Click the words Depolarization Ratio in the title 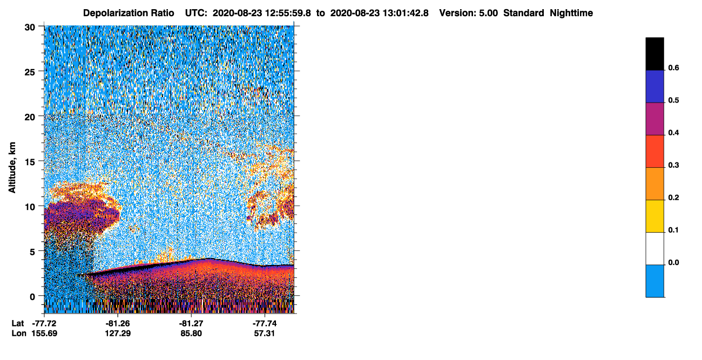point(129,13)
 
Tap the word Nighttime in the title point(571,13)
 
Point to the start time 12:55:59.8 point(288,13)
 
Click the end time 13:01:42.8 point(406,13)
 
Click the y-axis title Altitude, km point(12,168)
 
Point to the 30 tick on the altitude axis point(30,28)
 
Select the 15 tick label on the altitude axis point(30,162)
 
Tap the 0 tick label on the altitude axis point(32,297)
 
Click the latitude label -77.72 point(44,323)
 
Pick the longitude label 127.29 point(118,333)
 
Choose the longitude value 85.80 point(191,333)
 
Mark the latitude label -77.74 point(265,323)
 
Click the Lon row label point(19,333)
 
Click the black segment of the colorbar point(654,54)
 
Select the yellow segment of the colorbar point(654,216)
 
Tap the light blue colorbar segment point(654,281)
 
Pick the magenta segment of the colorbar point(654,119)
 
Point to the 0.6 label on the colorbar point(673,67)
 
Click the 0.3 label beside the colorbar point(673,165)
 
